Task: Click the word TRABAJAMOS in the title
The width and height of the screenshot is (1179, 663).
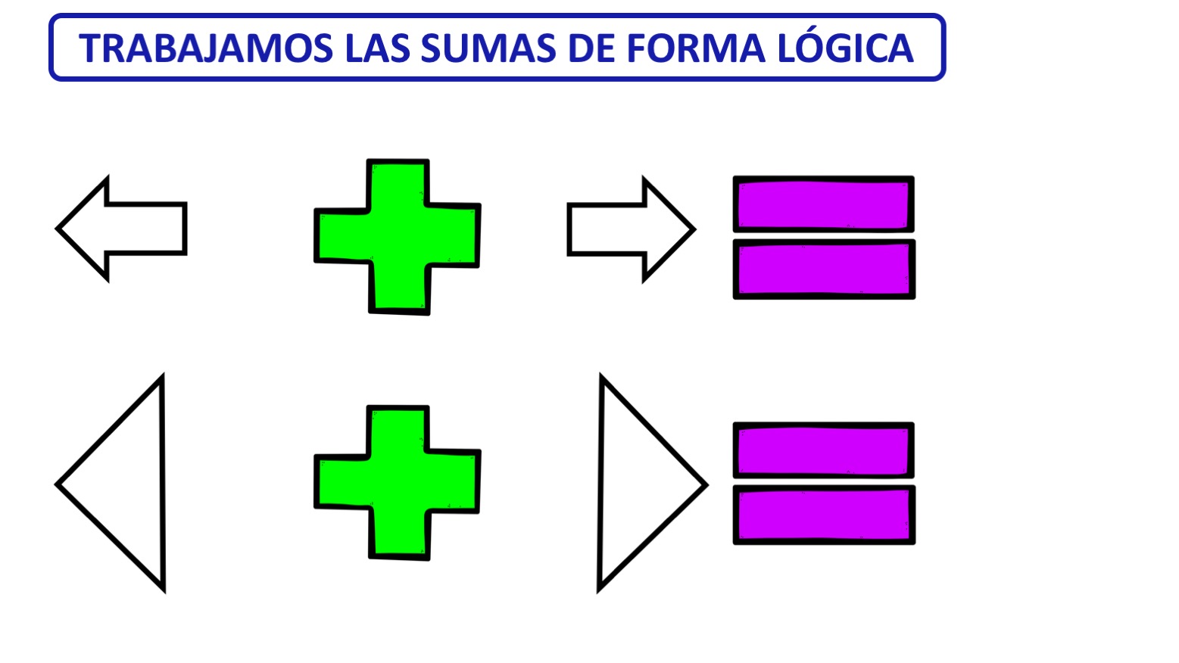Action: (x=206, y=49)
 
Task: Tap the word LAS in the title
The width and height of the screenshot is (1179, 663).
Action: (x=377, y=49)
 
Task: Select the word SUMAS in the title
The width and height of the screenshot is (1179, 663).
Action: (x=488, y=49)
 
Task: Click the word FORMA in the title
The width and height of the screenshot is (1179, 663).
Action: (x=696, y=49)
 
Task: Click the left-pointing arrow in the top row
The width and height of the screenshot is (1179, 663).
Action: (x=121, y=229)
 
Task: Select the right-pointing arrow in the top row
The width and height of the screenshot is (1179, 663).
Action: (x=632, y=229)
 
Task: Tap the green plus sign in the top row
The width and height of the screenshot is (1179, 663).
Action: (x=398, y=237)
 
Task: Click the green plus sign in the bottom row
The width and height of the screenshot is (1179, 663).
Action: (x=398, y=483)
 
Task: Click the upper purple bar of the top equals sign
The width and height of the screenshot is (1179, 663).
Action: (x=824, y=204)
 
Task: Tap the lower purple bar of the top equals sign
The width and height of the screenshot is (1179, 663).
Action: (x=825, y=269)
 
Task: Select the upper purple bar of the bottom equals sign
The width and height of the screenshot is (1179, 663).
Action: (x=824, y=450)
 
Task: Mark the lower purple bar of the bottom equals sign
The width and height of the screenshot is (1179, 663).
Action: (x=825, y=515)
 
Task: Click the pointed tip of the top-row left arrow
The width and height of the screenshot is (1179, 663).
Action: (x=57, y=229)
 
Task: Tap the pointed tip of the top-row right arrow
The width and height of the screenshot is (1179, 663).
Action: (x=695, y=229)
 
